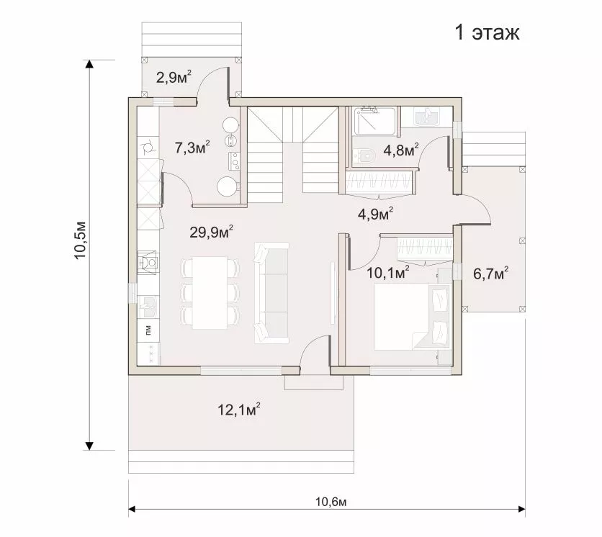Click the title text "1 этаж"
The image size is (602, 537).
(487, 32)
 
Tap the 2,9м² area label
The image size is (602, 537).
(174, 78)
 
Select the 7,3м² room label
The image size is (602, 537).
(192, 147)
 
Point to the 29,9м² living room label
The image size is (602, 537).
(212, 232)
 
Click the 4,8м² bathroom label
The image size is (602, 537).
(401, 150)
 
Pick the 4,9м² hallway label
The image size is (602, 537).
(375, 215)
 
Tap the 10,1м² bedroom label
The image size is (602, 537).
(387, 273)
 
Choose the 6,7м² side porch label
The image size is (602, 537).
(491, 274)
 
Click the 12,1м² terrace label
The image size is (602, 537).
(239, 410)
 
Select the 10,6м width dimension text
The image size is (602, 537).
(331, 502)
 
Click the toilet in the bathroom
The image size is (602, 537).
(364, 155)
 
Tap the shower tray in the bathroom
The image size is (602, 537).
(374, 122)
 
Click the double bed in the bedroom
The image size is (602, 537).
(411, 317)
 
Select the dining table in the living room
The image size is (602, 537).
(210, 292)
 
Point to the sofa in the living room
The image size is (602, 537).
(271, 292)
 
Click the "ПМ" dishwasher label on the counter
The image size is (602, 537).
(148, 330)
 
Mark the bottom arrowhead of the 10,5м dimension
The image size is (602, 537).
(89, 446)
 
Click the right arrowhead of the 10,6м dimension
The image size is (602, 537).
(521, 510)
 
